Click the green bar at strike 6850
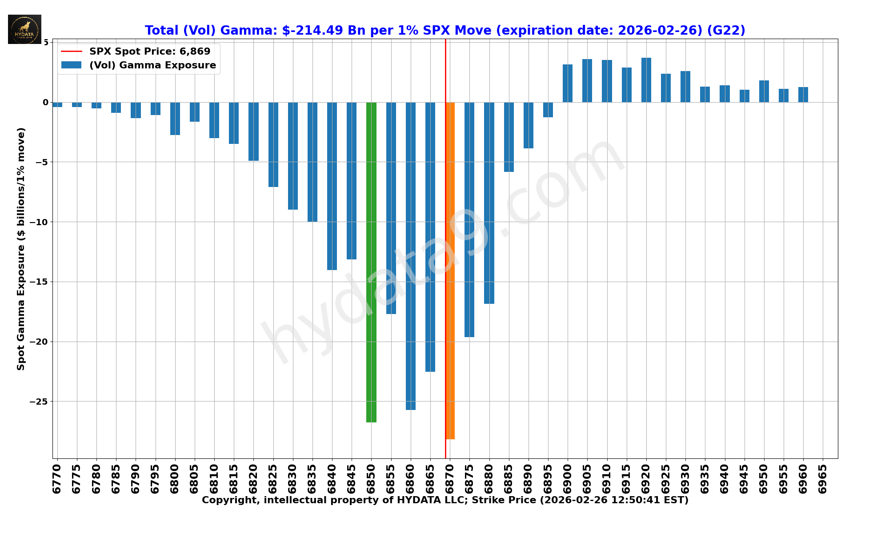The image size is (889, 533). (371, 262)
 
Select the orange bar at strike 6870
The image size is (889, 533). (450, 271)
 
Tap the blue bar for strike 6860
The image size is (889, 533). (411, 256)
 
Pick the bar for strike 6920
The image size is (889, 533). (646, 80)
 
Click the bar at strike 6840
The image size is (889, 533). (332, 186)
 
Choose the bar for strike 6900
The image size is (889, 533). (568, 84)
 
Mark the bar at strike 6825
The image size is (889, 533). (273, 144)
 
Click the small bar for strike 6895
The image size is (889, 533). (548, 110)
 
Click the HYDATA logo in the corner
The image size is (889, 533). (24, 29)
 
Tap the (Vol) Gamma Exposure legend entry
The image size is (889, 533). (152, 65)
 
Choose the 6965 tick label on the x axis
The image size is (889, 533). (823, 479)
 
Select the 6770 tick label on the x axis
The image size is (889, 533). (56, 479)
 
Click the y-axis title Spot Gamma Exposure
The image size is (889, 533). (21, 249)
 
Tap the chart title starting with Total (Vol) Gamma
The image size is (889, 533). (444, 30)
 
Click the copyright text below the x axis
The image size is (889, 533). (444, 500)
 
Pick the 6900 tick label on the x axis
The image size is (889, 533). (568, 479)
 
